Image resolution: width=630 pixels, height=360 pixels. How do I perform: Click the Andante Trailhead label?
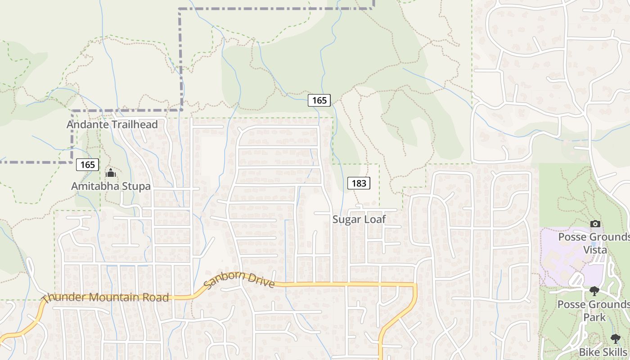112,125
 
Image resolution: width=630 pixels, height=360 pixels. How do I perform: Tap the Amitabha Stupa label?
111,186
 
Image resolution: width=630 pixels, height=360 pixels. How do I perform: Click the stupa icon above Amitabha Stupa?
110,173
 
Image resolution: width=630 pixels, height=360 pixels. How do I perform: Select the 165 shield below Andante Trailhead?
87,165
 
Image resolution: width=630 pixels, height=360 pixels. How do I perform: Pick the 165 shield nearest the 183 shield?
319,100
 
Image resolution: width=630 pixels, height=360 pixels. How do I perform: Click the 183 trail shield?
359,183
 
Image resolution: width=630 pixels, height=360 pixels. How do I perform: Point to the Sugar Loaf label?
359,220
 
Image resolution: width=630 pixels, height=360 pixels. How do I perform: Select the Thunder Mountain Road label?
106,297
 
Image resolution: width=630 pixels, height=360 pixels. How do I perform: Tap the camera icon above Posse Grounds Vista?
595,224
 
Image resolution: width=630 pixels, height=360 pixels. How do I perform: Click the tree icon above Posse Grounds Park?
594,291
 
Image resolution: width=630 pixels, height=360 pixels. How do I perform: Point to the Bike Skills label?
603,352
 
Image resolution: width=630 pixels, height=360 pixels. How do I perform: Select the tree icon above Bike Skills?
615,338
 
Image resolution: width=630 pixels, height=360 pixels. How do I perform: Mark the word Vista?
595,250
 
